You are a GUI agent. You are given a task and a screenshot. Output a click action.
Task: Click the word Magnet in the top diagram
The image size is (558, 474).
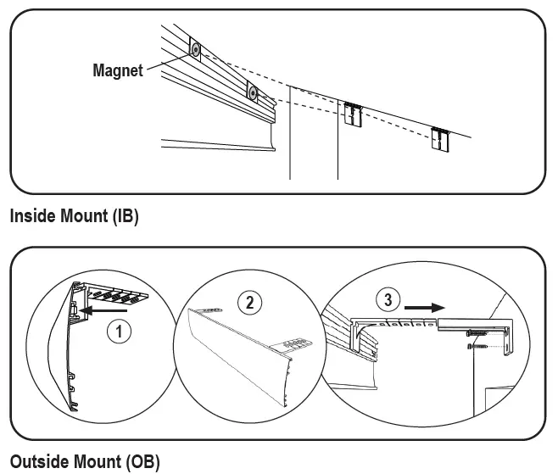coord(118,70)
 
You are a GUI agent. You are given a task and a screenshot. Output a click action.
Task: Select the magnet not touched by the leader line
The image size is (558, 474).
coord(252,91)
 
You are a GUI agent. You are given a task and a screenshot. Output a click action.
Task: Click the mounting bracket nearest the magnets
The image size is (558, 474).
coord(354,114)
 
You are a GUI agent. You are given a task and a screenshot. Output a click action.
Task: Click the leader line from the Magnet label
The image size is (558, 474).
coord(167,62)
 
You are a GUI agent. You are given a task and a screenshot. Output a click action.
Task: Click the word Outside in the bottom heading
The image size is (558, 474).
coord(37,462)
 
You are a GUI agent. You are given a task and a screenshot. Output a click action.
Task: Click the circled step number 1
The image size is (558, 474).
coord(124,332)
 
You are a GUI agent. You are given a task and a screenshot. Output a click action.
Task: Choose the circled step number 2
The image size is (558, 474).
coord(248,301)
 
